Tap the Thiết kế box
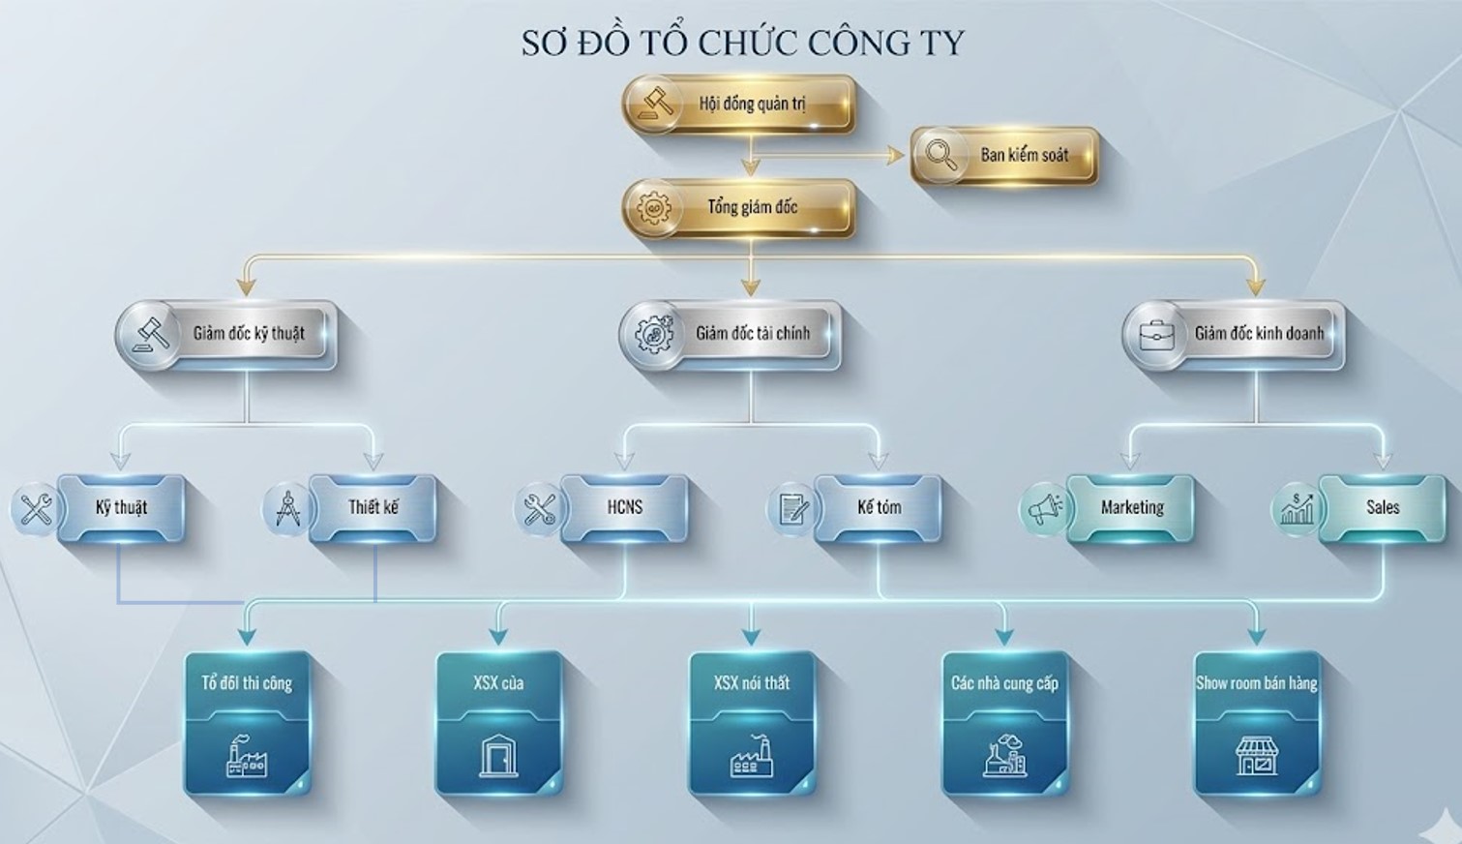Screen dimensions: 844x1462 pyautogui.click(x=373, y=507)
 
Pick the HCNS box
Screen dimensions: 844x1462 pyautogui.click(x=624, y=507)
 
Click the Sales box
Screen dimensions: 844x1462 pyautogui.click(x=1382, y=507)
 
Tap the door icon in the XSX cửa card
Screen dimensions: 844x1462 pyautogui.click(x=499, y=755)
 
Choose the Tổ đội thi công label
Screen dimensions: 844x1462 pyautogui.click(x=247, y=683)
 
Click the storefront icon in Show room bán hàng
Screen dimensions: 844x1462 pyautogui.click(x=1256, y=755)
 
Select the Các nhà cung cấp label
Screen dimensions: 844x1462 pyautogui.click(x=1004, y=683)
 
